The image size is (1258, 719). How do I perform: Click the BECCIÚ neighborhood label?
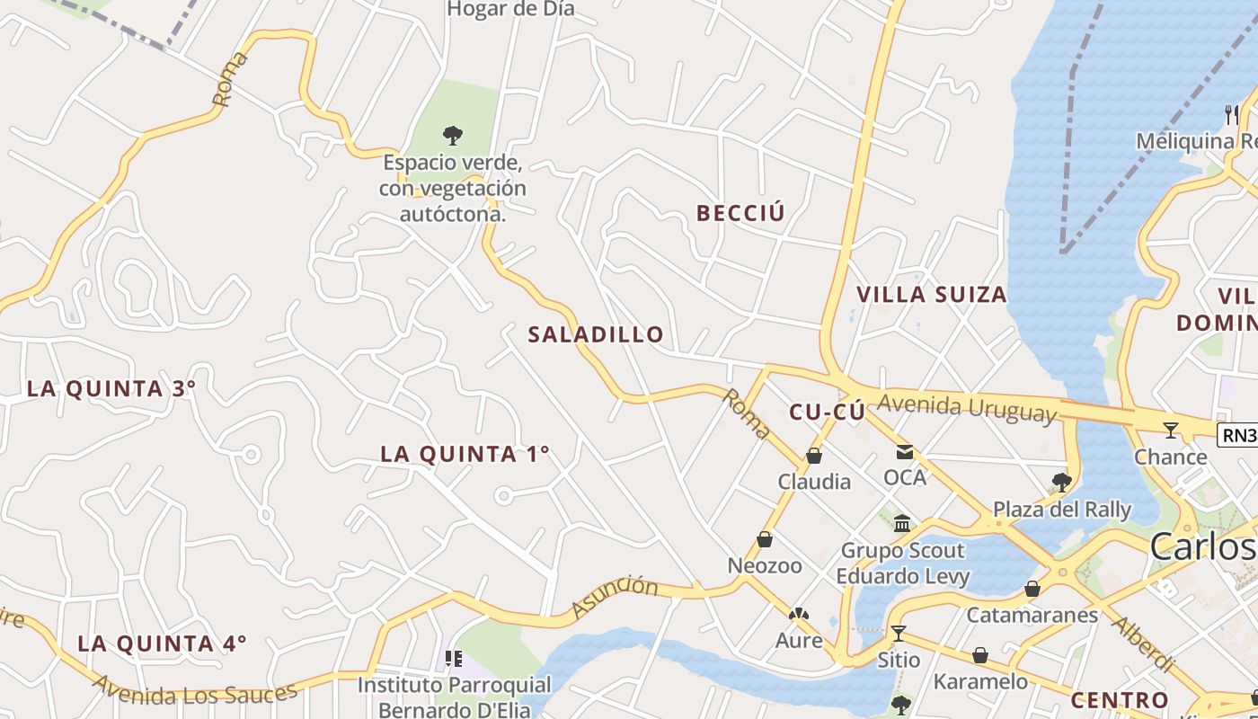pos(740,213)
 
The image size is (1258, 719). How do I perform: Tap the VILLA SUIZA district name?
pos(931,295)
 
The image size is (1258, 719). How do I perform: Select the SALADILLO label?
pos(596,334)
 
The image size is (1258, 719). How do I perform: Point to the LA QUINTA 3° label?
pos(111,389)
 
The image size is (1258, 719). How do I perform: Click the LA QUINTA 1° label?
pos(465,454)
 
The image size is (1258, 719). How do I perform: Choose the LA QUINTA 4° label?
pos(162,644)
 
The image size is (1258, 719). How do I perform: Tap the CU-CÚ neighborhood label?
pos(827,412)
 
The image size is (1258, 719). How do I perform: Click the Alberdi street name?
pos(1143,644)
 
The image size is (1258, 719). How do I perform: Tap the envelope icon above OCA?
pos(904,452)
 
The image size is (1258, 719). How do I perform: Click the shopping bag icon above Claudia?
pos(814,457)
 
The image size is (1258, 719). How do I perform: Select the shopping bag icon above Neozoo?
pos(765,540)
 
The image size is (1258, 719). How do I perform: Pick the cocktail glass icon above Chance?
pos(1170,431)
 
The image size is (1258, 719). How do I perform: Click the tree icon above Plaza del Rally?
pos(1061,483)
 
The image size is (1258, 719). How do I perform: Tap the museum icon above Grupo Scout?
pos(902,524)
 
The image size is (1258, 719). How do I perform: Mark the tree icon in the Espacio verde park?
pos(453,136)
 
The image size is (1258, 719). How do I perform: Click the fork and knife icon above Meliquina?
pos(1231,114)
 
